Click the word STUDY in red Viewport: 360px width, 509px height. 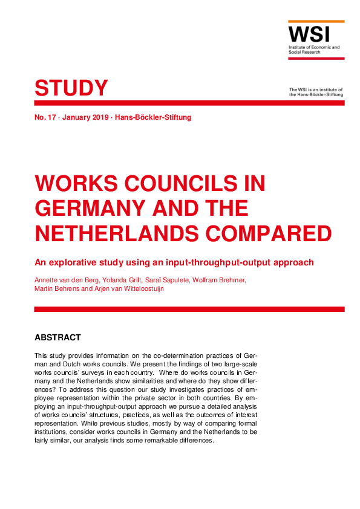point(71,88)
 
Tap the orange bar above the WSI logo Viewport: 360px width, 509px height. point(316,22)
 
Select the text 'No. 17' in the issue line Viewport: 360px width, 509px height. point(45,117)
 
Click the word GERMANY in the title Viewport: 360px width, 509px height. point(88,209)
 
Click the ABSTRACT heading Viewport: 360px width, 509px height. point(57,337)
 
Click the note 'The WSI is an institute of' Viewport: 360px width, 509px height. point(316,89)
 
